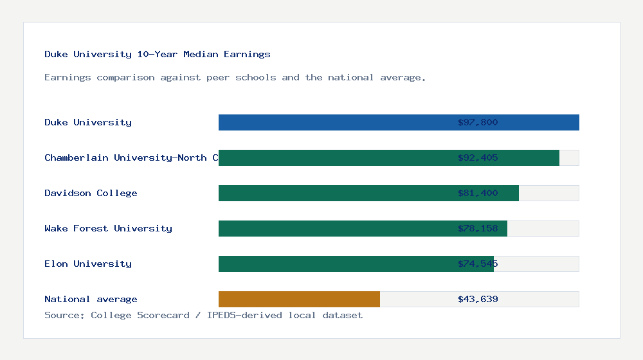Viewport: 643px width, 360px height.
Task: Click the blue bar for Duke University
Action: [334, 122]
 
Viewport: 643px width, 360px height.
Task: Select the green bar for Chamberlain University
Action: [334, 157]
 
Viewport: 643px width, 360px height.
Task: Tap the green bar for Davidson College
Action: [334, 193]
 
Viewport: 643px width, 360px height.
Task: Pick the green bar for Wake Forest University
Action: [334, 228]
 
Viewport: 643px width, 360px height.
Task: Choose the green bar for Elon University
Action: [334, 264]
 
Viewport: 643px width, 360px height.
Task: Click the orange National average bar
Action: [299, 299]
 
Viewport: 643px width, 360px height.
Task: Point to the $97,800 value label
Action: [478, 122]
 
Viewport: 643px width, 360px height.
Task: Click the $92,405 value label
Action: [478, 157]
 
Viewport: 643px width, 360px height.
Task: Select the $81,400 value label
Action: [478, 193]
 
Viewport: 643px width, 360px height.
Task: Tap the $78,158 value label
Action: [478, 228]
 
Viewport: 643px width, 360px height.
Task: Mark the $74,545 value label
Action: [478, 264]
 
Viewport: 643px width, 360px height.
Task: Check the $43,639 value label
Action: [478, 299]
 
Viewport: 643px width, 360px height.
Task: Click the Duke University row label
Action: [88, 122]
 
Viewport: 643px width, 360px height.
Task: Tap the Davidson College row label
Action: [91, 193]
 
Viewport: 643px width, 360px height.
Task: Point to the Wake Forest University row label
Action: [108, 228]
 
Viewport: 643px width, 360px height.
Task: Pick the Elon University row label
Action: [88, 264]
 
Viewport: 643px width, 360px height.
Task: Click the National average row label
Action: [91, 299]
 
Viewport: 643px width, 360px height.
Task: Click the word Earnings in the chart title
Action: [247, 54]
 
